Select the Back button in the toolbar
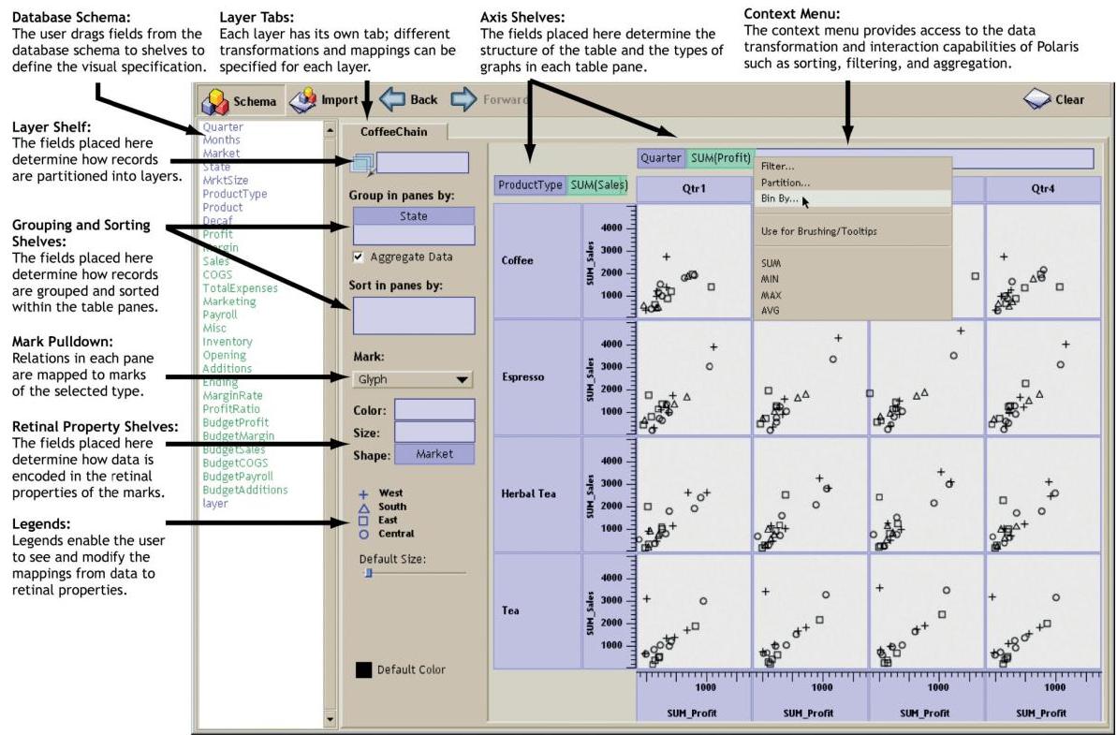409,99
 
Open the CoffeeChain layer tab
393,132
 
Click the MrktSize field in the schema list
225,181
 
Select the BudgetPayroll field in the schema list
241,477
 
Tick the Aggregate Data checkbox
359,257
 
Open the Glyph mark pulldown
413,379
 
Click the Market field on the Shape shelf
434,454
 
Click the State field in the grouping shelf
413,216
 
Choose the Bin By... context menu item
780,198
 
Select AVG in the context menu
772,310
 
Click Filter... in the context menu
778,167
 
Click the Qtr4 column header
1042,187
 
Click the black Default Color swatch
363,669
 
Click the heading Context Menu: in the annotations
791,13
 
